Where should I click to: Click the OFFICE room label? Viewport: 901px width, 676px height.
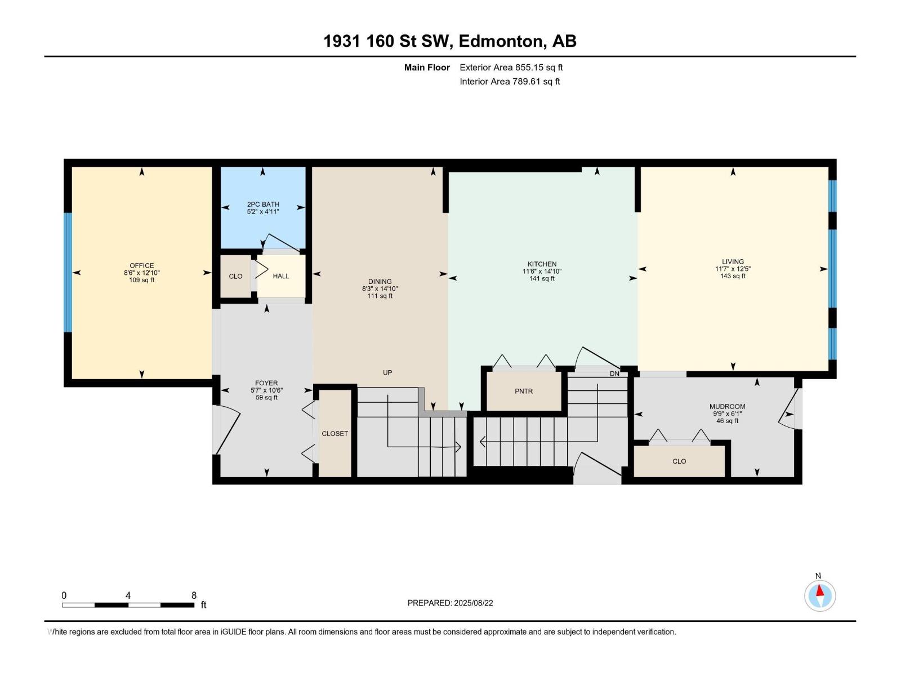click(x=141, y=265)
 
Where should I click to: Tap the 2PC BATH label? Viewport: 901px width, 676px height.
click(x=263, y=204)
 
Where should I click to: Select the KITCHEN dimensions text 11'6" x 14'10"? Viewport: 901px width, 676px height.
click(x=542, y=272)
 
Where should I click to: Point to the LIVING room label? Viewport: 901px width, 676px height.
click(x=733, y=261)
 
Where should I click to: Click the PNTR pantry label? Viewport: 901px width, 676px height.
click(x=523, y=391)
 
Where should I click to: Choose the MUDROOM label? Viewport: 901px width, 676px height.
click(x=727, y=406)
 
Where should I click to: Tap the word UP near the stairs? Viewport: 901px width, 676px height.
click(x=387, y=372)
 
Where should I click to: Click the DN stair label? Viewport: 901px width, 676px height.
click(x=614, y=373)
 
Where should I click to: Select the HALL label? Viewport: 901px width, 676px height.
click(x=281, y=276)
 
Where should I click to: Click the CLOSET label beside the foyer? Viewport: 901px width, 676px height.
click(x=334, y=433)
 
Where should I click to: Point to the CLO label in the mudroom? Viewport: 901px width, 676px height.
click(x=679, y=461)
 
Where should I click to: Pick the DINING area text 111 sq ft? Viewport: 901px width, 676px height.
click(x=380, y=296)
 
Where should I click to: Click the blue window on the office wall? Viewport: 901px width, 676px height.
click(x=68, y=272)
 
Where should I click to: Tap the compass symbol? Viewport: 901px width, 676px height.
click(x=819, y=595)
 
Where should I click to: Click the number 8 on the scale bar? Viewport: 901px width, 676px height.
click(x=194, y=595)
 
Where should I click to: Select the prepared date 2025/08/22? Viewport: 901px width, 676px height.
click(x=473, y=603)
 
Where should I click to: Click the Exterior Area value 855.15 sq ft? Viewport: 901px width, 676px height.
click(x=539, y=67)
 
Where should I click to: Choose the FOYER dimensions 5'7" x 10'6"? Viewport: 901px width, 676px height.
click(x=266, y=390)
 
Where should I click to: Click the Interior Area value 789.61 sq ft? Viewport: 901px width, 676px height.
click(x=536, y=81)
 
